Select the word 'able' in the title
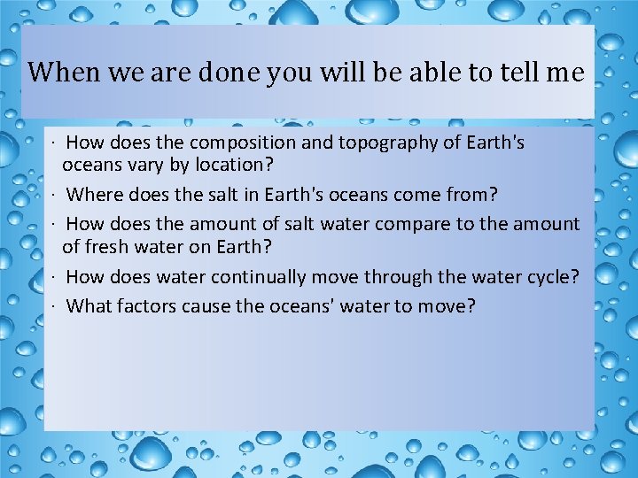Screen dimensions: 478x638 point(419,73)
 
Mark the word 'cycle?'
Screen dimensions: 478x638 point(553,277)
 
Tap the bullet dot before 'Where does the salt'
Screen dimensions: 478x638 point(55,195)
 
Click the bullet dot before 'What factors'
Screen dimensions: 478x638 point(55,307)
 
